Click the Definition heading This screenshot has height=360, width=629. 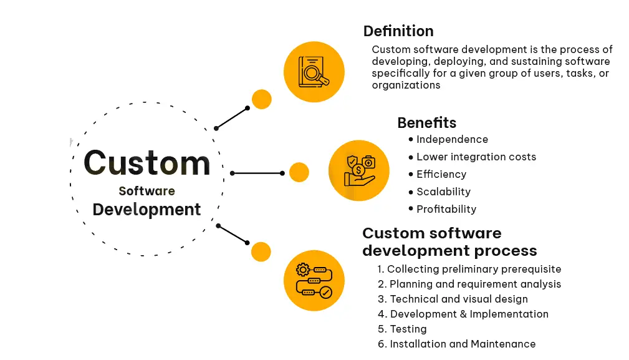click(398, 31)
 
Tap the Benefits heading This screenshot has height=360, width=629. click(426, 123)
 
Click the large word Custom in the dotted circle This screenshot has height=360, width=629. click(147, 163)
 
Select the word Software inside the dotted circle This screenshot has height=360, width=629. click(147, 191)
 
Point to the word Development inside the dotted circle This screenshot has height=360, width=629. click(146, 210)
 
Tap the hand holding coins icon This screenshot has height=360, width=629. click(358, 170)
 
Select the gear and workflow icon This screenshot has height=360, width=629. click(314, 280)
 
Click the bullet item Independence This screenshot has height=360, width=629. click(452, 140)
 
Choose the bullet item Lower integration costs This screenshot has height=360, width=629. click(476, 157)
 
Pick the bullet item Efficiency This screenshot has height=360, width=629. click(441, 175)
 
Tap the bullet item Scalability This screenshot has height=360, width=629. click(443, 192)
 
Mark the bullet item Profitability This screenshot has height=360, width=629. click(446, 210)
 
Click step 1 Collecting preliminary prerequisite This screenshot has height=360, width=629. click(469, 270)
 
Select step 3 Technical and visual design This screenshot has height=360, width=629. click(453, 299)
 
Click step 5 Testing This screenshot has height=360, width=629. click(402, 329)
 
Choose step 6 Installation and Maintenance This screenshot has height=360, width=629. click(456, 344)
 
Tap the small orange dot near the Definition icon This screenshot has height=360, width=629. click(261, 99)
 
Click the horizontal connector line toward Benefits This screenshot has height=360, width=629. click(257, 173)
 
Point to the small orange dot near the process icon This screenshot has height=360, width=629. click(261, 251)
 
